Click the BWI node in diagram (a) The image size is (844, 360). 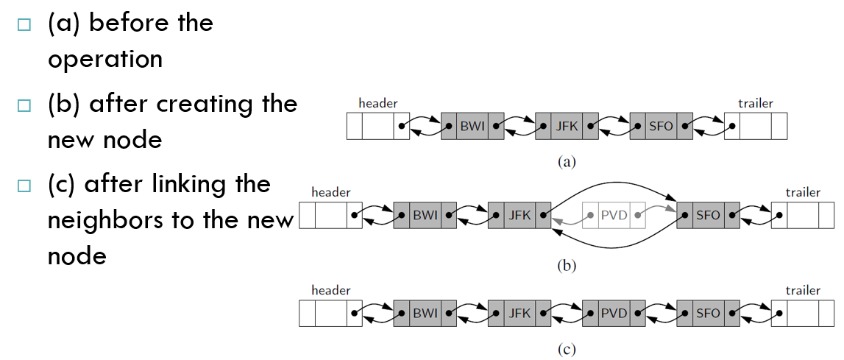tap(472, 127)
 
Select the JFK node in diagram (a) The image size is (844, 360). tap(567, 127)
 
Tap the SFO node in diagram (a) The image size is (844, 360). tap(662, 127)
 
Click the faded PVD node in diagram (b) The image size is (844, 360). tap(614, 216)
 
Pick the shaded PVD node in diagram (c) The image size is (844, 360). tap(614, 313)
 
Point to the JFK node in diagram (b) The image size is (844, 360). tap(519, 216)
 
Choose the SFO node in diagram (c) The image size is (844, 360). tap(709, 313)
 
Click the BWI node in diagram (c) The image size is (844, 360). tap(425, 313)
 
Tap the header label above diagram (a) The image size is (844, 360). tap(378, 104)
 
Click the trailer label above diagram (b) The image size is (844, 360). tap(803, 192)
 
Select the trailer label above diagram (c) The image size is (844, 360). tap(803, 291)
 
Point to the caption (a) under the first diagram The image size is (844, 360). tap(567, 162)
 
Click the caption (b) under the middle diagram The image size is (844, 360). tap(567, 265)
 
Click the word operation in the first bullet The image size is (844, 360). tap(105, 60)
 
